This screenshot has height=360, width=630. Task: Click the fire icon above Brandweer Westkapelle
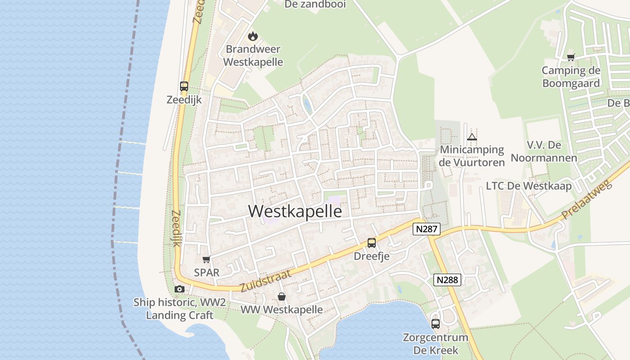(x=253, y=36)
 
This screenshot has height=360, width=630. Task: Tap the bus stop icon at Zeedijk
(x=184, y=86)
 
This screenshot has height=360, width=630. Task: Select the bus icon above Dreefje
(x=371, y=243)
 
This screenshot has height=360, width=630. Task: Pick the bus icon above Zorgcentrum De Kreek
(x=435, y=324)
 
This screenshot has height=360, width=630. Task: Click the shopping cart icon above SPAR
(x=207, y=259)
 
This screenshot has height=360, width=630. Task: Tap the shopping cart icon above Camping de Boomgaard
(x=571, y=57)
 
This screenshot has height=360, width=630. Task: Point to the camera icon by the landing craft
(x=179, y=289)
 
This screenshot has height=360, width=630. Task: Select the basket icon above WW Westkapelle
(x=281, y=297)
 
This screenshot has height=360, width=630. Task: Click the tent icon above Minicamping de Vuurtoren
(x=472, y=137)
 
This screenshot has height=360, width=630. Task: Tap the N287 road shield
(x=426, y=229)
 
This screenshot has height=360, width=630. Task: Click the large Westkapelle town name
(x=295, y=211)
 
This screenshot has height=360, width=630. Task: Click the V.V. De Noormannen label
(x=544, y=152)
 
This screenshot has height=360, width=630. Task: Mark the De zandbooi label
(x=315, y=4)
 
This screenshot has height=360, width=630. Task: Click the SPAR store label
(x=207, y=272)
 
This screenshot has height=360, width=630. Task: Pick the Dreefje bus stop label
(x=371, y=256)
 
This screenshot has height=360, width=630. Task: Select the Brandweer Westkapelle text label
(x=253, y=55)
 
